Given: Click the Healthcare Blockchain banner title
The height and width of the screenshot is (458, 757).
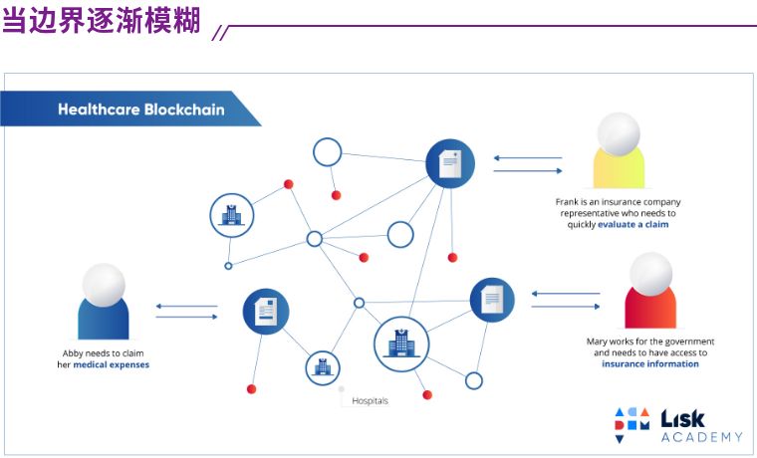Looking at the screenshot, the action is point(141,110).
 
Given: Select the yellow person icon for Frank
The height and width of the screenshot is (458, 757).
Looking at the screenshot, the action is point(619,150).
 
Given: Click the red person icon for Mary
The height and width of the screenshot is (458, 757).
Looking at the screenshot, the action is point(650,290).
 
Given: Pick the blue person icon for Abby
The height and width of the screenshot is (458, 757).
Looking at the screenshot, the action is point(104,301).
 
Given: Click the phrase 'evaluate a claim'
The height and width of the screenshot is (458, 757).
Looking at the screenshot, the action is point(632,224).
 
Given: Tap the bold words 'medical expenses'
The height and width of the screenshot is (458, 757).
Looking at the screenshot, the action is point(111,364).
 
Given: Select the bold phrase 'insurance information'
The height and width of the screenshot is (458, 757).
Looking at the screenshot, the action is point(650,363).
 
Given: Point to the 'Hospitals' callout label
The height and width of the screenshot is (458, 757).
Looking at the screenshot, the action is point(370,400).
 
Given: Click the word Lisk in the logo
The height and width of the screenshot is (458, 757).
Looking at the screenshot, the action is point(682,419).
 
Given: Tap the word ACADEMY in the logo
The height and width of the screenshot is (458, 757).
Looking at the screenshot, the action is point(701,437).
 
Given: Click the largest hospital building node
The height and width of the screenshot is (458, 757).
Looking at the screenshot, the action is point(401,344).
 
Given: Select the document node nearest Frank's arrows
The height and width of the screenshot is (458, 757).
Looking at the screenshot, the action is point(450,163).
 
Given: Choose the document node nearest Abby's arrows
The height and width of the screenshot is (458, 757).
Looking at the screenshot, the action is point(266,312).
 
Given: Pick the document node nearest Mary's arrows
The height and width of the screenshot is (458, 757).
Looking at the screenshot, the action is point(492,300).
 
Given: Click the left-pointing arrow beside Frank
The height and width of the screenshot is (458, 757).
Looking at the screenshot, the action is point(528,158).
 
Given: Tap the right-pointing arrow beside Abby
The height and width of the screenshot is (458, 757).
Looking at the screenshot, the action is point(187,317).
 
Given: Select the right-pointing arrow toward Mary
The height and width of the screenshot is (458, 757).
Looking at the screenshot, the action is point(566,307).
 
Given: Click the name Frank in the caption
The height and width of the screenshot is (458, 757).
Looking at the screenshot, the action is point(566,202).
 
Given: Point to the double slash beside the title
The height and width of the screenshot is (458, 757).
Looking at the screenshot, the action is point(221,33).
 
